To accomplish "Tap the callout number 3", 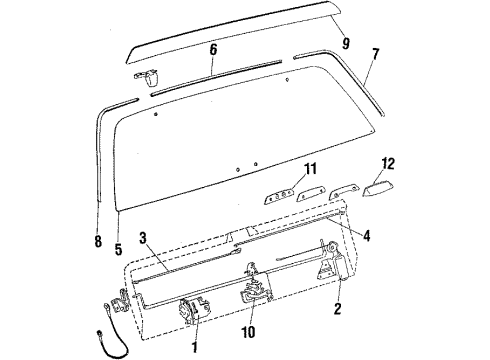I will pyautogui.click(x=143, y=237).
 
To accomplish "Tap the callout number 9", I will pyautogui.click(x=345, y=44).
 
